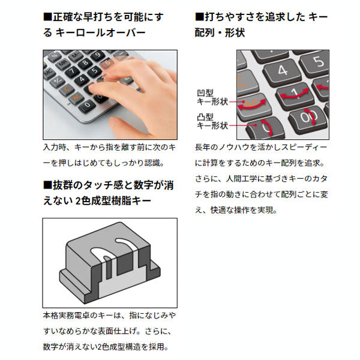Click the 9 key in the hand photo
(x=98, y=56)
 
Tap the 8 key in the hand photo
(x=85, y=63)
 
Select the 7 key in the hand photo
(x=72, y=71)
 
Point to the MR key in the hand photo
(x=63, y=63)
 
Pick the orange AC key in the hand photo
(x=76, y=98)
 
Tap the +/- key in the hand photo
(x=58, y=81)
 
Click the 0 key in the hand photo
(x=87, y=106)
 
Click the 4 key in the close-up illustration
(x=283, y=71)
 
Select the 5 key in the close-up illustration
(x=318, y=62)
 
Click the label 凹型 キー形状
(x=212, y=97)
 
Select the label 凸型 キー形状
(x=212, y=121)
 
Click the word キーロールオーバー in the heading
(x=100, y=32)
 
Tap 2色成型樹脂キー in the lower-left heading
(x=113, y=201)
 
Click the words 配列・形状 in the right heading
(x=220, y=32)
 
